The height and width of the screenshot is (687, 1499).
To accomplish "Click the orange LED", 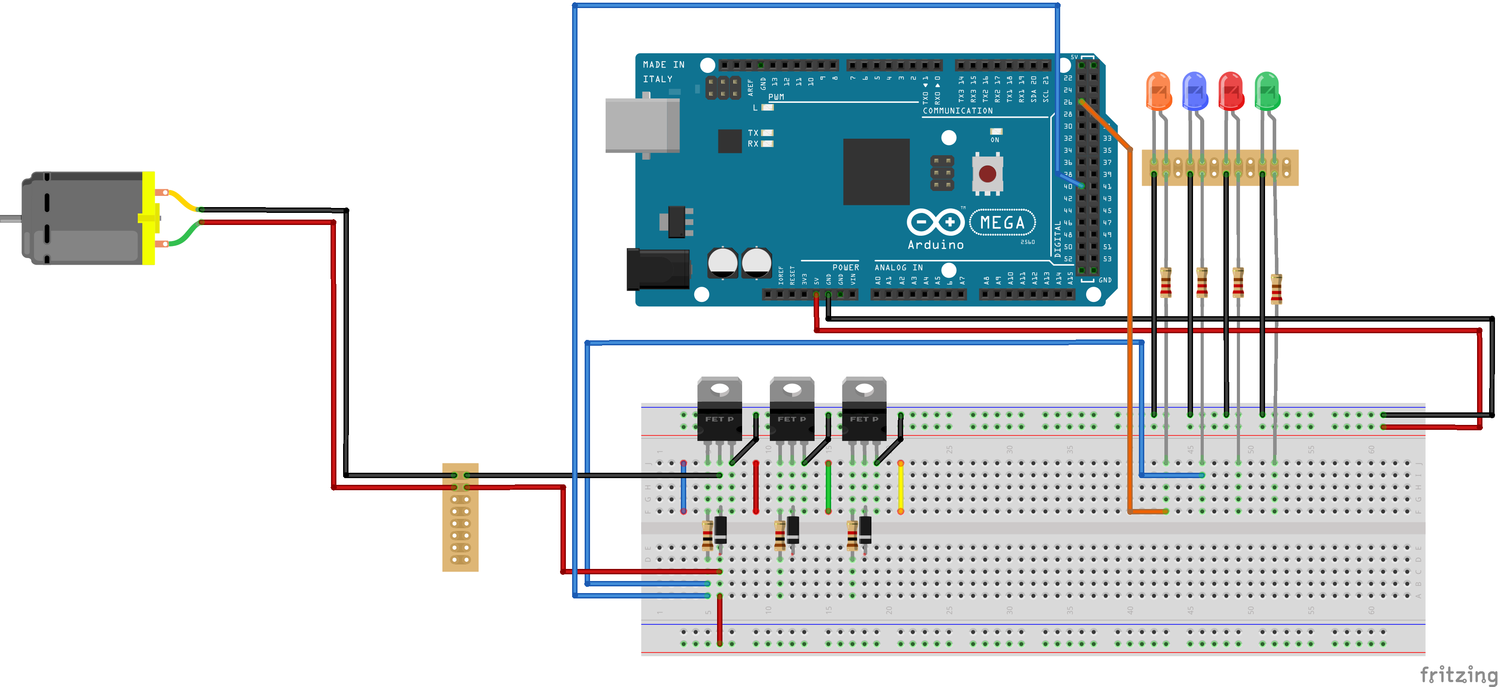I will tap(1158, 91).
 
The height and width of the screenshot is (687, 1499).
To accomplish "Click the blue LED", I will tap(1195, 91).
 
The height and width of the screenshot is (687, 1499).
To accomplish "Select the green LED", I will tap(1267, 91).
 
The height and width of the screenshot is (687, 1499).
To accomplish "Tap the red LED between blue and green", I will tap(1231, 91).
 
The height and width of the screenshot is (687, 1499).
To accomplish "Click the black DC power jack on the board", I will tap(658, 269).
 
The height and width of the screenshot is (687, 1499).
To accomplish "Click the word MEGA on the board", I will tap(1002, 222).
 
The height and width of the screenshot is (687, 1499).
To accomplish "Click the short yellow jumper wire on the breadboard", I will tap(900, 488).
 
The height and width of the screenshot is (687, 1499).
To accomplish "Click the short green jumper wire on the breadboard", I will tap(828, 488).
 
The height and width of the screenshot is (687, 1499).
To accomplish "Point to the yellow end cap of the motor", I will tap(149, 218).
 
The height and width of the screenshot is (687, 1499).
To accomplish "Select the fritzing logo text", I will tap(1458, 675).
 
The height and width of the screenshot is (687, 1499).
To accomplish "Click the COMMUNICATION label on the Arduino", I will tap(957, 110).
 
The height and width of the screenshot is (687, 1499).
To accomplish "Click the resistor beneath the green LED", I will tap(1275, 289).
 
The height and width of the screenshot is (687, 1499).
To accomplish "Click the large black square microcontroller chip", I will tap(876, 172).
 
